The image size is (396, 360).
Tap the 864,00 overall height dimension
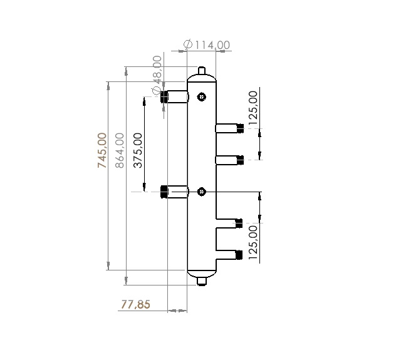[x=120, y=150]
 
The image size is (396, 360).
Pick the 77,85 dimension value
[x=135, y=305]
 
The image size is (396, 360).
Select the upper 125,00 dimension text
[x=253, y=109]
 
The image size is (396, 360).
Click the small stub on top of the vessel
[x=202, y=70]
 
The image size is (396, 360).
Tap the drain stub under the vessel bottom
[x=202, y=281]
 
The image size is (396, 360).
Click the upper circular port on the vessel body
[x=201, y=96]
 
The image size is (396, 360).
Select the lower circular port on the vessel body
[x=201, y=191]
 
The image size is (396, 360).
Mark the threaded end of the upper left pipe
[x=164, y=96]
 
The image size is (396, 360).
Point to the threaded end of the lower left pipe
[x=164, y=191]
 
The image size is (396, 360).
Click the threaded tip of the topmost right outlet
[x=239, y=128]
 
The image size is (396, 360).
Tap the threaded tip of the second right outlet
[x=239, y=160]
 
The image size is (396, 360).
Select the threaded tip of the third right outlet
[x=239, y=223]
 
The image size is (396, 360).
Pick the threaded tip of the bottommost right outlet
[x=239, y=255]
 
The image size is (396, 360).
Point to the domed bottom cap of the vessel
[x=202, y=273]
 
